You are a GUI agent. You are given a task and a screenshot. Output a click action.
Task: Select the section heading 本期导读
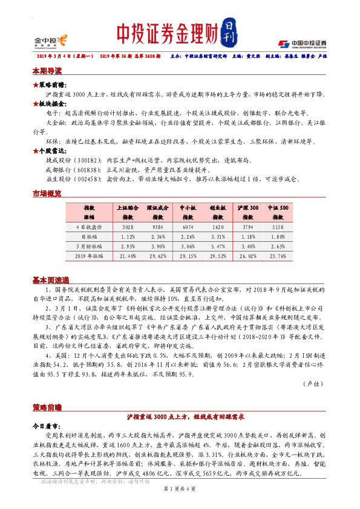pos(47,71)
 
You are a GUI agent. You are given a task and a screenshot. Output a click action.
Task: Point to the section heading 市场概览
pos(47,193)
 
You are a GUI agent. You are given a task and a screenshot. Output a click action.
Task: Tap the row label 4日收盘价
pos(90,227)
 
